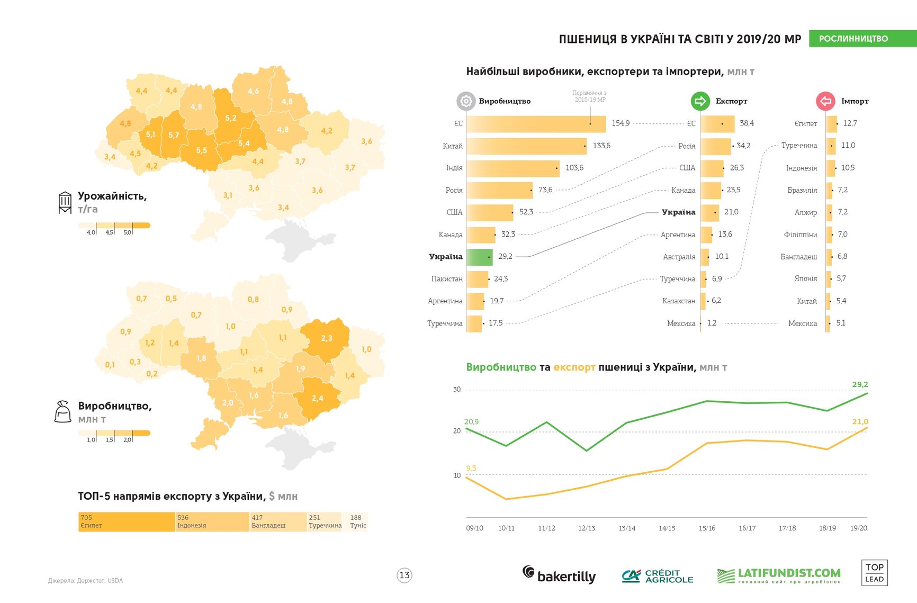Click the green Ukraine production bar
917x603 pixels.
[x=479, y=257]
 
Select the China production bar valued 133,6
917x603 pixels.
[x=526, y=146]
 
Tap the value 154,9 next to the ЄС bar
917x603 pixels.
[x=621, y=123]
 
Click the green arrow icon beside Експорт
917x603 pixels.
[x=700, y=101]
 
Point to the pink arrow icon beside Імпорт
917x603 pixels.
[x=825, y=101]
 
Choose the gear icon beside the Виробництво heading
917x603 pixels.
[x=466, y=101]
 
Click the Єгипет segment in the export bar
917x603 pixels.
[x=126, y=521]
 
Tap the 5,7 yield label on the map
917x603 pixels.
[x=174, y=135]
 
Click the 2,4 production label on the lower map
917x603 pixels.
[x=317, y=398]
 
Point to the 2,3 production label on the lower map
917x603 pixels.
[x=327, y=338]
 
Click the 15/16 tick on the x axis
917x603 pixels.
[x=707, y=528]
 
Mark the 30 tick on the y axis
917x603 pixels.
[x=457, y=389]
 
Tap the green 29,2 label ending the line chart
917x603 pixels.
[x=860, y=384]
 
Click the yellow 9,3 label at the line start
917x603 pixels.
[x=471, y=468]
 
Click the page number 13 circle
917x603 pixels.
[x=404, y=575]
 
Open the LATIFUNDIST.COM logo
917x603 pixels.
[x=778, y=575]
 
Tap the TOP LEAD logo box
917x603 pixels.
[x=874, y=573]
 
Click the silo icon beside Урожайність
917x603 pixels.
[x=65, y=202]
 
